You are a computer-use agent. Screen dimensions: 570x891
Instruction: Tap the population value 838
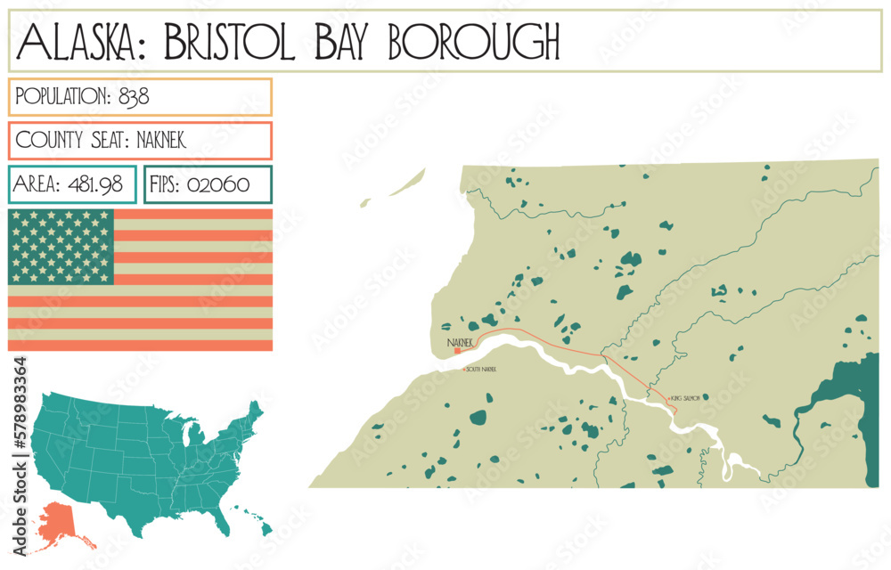(134, 96)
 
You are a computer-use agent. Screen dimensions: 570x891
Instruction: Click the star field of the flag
(61, 247)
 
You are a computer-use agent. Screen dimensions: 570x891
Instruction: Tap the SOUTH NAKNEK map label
(481, 369)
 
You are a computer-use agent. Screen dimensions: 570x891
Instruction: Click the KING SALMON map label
(688, 397)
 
